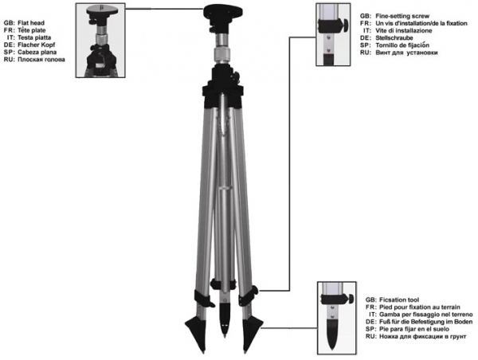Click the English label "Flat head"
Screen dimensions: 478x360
(x=31, y=23)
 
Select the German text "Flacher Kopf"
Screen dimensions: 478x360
(x=37, y=45)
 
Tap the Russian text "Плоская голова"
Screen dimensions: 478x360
(x=41, y=60)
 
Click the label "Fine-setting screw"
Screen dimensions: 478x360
(x=402, y=16)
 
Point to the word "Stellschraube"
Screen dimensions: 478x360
(x=394, y=37)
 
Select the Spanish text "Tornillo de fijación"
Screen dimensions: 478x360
(x=402, y=45)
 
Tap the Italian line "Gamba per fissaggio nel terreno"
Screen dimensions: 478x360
(x=426, y=315)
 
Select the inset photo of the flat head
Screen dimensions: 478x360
(x=100, y=41)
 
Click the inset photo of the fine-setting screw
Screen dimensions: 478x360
(x=333, y=34)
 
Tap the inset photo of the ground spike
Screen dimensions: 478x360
(x=336, y=318)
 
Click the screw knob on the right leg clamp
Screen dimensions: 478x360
(x=255, y=290)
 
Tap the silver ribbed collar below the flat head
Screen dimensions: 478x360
(x=222, y=55)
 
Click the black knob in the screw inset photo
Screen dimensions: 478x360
(x=346, y=25)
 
